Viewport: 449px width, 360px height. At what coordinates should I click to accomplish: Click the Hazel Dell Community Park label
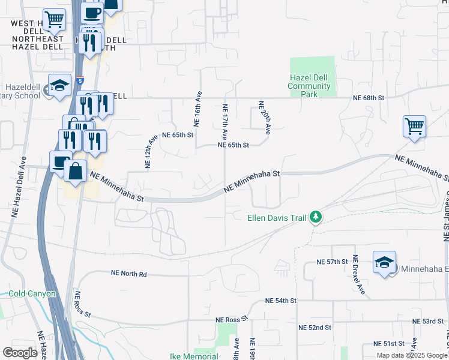pyautogui.click(x=310, y=86)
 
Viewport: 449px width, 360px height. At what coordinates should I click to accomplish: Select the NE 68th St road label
pyautogui.click(x=369, y=97)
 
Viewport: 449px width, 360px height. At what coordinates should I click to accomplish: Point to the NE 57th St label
pyautogui.click(x=333, y=262)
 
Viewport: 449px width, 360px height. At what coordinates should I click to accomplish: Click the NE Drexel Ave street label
pyautogui.click(x=359, y=275)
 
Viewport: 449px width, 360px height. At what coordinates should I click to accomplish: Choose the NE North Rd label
pyautogui.click(x=128, y=273)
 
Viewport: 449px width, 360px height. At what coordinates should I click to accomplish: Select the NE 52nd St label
pyautogui.click(x=315, y=328)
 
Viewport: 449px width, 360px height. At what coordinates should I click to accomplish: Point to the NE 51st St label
pyautogui.click(x=390, y=343)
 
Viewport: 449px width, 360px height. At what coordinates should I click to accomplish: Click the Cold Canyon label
pyautogui.click(x=32, y=294)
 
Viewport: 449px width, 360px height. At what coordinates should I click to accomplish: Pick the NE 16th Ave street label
pyautogui.click(x=197, y=108)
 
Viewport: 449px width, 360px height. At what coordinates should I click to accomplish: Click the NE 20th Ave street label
pyautogui.click(x=263, y=116)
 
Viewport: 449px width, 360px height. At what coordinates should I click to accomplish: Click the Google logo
pyautogui.click(x=20, y=353)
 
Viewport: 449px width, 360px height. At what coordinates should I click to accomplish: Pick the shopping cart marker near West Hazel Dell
pyautogui.click(x=55, y=20)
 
